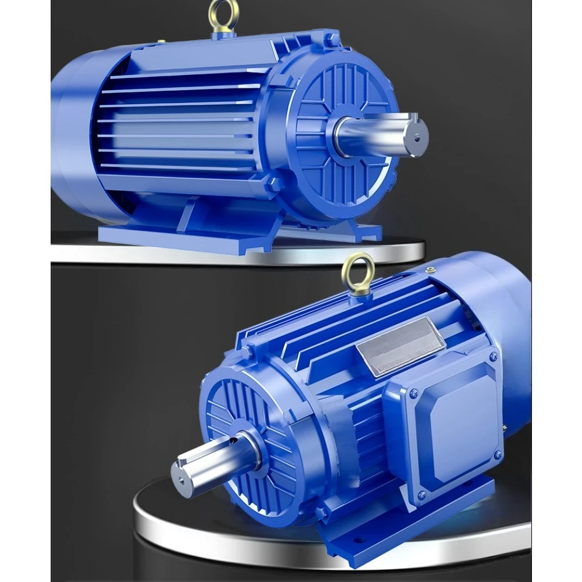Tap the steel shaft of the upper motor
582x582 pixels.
[x=378, y=134]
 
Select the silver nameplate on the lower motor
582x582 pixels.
[x=400, y=346]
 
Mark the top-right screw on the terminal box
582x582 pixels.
[x=493, y=356]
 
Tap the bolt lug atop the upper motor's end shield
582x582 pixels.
[x=332, y=39]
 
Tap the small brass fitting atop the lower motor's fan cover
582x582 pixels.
[x=431, y=269]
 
